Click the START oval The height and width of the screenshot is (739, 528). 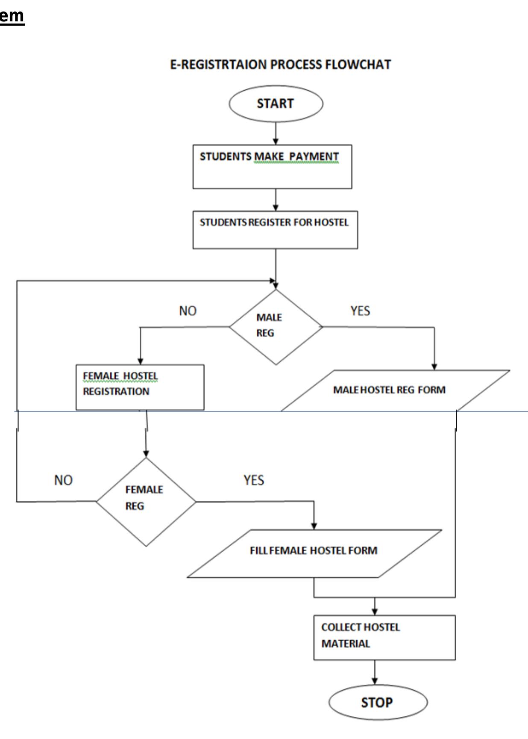coord(276,103)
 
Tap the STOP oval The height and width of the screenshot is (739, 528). coord(377,702)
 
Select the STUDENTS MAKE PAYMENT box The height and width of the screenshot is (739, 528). coord(272,167)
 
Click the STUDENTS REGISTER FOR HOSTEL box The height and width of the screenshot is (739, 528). coord(275,230)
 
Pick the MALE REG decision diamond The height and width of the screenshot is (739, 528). coord(276,327)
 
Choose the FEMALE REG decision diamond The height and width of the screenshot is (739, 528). coord(146,501)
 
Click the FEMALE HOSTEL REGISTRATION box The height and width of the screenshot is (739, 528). coord(140,387)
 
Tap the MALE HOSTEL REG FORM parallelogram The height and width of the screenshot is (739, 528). coord(395,390)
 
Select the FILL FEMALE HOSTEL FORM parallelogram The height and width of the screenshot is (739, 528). coord(314,553)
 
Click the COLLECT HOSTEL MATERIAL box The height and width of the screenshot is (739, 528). coord(384,637)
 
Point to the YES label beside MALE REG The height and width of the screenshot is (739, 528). coord(360,311)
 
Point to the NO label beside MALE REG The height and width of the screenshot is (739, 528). coord(188,311)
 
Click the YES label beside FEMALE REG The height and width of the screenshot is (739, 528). coord(254,480)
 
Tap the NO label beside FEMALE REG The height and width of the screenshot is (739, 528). coord(63,480)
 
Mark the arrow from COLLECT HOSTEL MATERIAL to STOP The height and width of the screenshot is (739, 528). coord(375,672)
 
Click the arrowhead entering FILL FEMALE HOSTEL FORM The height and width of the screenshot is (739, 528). coord(314,526)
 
